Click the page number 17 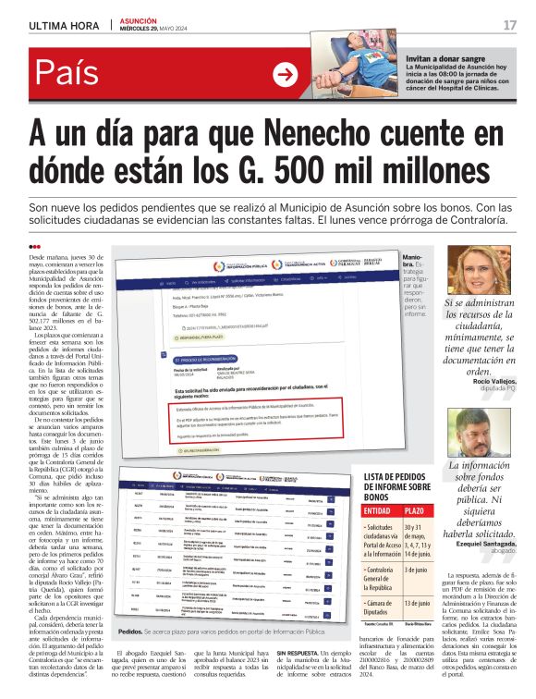coord(509,24)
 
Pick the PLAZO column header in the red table coord(415,510)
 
